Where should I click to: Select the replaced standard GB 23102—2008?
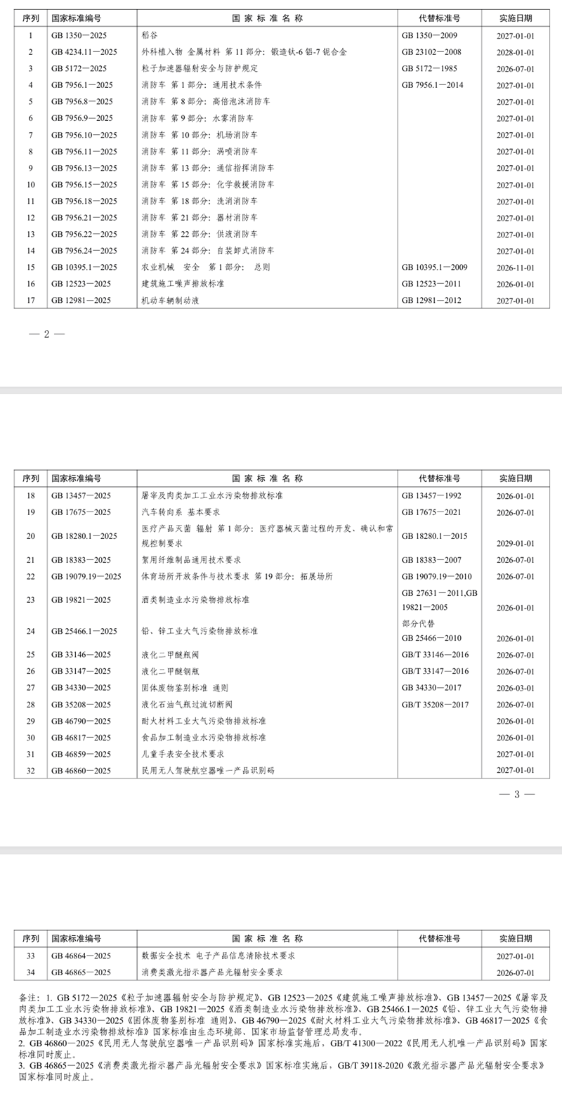431,52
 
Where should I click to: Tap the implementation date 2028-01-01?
515,52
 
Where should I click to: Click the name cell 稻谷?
149,35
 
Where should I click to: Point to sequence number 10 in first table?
30,185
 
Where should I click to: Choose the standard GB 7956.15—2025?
84,185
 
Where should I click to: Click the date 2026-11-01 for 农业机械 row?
515,268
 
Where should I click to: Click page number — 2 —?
46,334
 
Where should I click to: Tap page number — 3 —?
516,794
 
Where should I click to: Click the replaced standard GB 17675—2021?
431,512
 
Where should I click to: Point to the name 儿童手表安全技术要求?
183,754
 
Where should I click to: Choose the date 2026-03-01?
515,688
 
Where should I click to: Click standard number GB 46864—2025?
81,956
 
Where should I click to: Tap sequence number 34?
30,972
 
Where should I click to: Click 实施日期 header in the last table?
515,939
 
